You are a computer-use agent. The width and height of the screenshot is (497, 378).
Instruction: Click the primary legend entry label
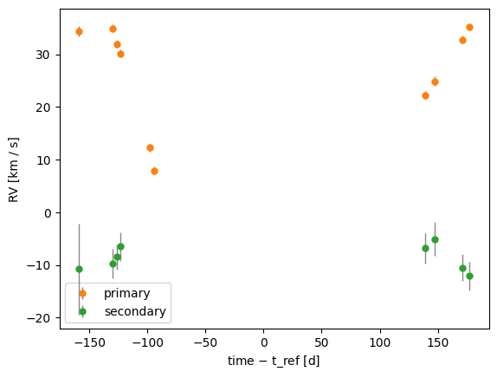coord(126,294)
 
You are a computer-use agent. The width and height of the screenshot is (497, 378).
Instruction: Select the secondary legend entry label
coord(135,311)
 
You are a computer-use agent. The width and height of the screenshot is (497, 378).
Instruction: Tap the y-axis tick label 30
coord(42,55)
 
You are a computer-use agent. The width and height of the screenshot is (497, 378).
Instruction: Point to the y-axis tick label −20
coord(39,318)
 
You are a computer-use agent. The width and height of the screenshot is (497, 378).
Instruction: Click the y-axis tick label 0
coord(48,213)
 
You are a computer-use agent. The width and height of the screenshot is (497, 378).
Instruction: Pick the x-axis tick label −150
coord(90,342)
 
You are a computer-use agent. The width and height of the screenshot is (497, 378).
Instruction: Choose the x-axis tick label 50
coord(321,342)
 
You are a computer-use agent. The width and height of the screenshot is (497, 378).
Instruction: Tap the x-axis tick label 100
coord(380,342)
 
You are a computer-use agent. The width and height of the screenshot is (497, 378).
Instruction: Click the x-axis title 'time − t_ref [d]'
coord(274,362)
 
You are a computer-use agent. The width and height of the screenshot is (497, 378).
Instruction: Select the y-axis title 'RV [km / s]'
coord(13,170)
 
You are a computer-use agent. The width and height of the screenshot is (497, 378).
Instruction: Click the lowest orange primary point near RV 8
coord(154,172)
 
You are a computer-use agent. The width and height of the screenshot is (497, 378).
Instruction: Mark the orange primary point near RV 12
coord(151,148)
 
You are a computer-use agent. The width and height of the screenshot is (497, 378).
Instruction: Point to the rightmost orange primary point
coord(470,28)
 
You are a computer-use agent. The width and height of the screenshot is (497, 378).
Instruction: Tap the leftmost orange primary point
coord(80,32)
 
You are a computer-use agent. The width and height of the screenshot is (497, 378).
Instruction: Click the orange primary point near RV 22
coord(426,96)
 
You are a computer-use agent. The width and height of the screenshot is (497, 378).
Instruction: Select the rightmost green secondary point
coord(470,277)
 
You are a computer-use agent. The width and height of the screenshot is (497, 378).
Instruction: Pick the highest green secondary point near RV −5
coord(436,240)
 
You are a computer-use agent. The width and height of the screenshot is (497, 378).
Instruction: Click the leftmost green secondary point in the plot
coord(80,270)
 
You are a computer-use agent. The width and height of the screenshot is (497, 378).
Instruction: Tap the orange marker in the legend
coord(83,294)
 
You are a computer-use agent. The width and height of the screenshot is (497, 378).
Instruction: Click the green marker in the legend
coord(83,311)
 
